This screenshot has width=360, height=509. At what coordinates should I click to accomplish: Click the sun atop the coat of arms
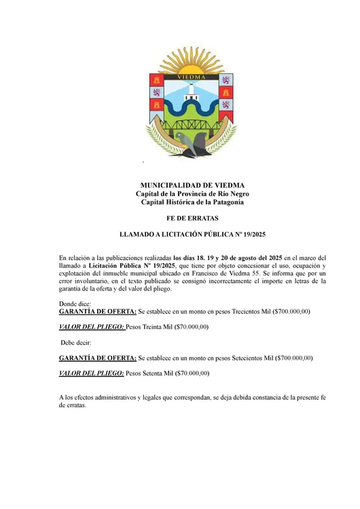click(192, 63)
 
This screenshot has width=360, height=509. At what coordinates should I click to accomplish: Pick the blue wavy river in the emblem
click(192, 109)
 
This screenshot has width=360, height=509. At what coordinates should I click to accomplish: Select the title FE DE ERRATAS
click(192, 220)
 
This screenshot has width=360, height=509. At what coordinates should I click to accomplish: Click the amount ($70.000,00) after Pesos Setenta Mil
click(192, 373)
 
